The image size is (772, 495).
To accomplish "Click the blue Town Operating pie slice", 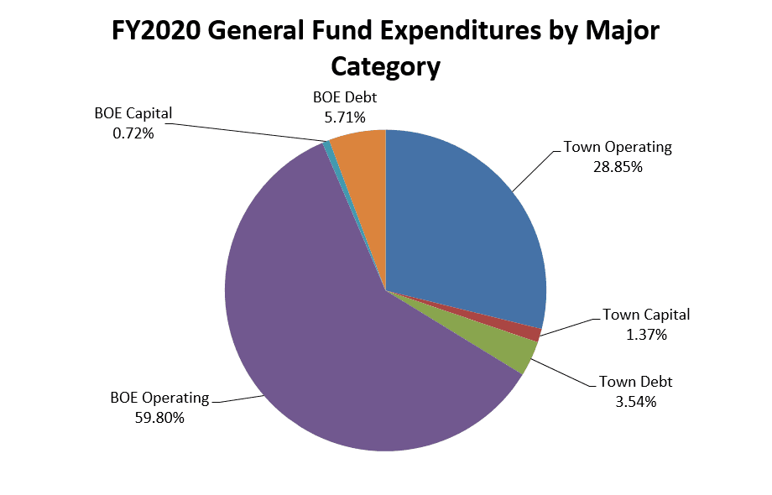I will (462, 227).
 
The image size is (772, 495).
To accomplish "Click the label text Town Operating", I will (618, 148).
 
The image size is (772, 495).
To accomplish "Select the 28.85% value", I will (618, 167).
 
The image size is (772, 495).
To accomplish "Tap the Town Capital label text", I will (646, 315).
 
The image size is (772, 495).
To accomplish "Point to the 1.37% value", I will (645, 335).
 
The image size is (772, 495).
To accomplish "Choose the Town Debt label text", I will (635, 383).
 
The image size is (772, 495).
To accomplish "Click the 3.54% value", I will (635, 401).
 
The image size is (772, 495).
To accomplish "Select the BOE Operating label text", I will (159, 398).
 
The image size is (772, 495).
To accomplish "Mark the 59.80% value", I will (159, 417).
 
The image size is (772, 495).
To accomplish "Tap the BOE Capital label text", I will (133, 114).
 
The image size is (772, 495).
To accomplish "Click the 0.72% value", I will (133, 133).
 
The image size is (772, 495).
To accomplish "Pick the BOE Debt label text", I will (344, 99).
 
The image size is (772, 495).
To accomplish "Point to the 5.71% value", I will (344, 117).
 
